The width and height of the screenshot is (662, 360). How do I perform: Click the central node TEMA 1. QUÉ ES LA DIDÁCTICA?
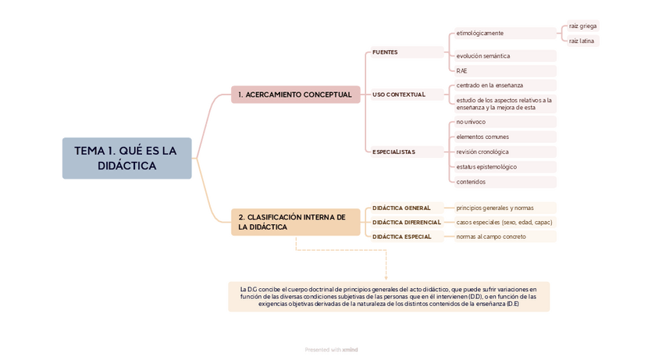point(126,159)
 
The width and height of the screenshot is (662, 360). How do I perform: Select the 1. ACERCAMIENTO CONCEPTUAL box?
point(295,94)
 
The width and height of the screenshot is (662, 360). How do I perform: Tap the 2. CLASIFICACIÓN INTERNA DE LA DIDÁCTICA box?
point(295,222)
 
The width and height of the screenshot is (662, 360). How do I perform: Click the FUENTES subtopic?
point(386,52)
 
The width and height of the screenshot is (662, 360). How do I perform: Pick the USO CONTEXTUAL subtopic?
point(399,94)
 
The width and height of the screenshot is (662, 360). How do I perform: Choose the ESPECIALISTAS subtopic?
point(394,151)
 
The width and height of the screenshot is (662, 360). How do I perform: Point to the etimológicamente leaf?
point(480,33)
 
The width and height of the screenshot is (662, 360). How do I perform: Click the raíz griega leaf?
point(582,26)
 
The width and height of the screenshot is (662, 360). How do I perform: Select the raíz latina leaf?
point(582,41)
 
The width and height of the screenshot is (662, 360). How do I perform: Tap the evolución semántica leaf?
point(483,56)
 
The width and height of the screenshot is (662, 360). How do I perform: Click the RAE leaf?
point(462,71)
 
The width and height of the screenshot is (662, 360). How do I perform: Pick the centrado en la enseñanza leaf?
point(489,85)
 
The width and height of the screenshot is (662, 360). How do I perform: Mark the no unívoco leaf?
point(471,122)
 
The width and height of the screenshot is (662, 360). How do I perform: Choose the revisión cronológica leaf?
point(482,151)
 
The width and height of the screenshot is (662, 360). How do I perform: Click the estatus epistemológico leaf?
point(486,166)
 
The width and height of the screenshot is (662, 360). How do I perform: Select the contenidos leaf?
point(471,182)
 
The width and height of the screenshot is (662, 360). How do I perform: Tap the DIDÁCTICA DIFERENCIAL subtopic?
point(407,223)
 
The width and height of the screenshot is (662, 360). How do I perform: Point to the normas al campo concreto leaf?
point(491,237)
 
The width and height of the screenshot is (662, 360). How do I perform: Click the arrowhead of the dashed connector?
point(386,277)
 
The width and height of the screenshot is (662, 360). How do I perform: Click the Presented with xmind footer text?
point(331,350)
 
